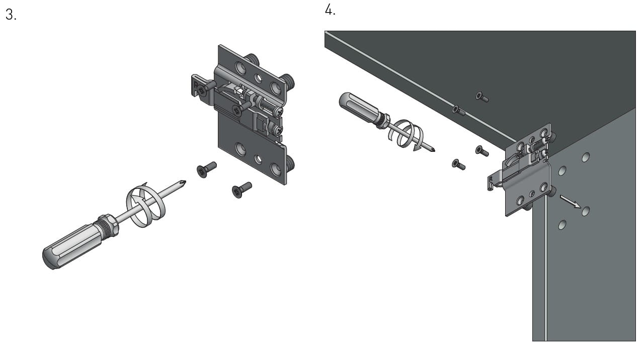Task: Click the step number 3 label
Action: pyautogui.click(x=11, y=15)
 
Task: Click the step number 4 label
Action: pyautogui.click(x=330, y=10)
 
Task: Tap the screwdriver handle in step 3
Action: pyautogui.click(x=72, y=246)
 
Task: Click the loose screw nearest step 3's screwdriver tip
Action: pyautogui.click(x=206, y=169)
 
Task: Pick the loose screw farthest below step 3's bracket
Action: pyautogui.click(x=242, y=190)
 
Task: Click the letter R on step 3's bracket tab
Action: pyautogui.click(x=196, y=85)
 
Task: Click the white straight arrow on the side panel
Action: pyautogui.click(x=571, y=202)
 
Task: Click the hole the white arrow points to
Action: pyautogui.click(x=585, y=212)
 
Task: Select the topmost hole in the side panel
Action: pyautogui.click(x=586, y=157)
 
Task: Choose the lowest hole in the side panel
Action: pyautogui.click(x=562, y=225)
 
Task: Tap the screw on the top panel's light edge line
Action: pyautogui.click(x=458, y=110)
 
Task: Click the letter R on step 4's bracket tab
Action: pyautogui.click(x=491, y=179)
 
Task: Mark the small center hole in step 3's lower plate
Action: pyautogui.click(x=258, y=159)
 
